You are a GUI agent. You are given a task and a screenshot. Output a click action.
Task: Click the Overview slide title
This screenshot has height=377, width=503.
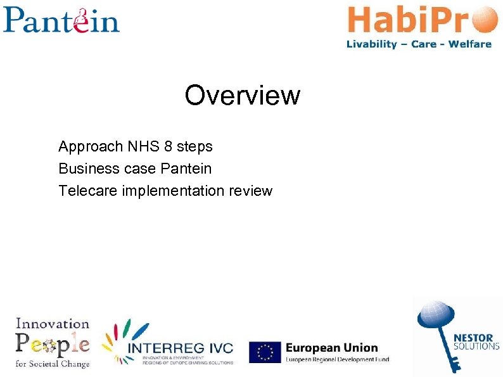click(x=242, y=96)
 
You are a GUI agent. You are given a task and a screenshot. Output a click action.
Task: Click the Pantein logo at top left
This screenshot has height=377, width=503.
click(x=61, y=20)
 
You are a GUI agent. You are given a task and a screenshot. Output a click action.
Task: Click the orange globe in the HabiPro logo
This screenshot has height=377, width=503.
click(x=485, y=20)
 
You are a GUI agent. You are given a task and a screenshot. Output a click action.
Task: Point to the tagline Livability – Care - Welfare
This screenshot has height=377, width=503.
click(x=419, y=44)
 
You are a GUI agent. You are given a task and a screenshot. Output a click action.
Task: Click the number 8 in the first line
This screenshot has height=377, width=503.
click(x=168, y=147)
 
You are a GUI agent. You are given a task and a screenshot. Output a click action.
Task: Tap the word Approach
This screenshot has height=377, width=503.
click(x=91, y=147)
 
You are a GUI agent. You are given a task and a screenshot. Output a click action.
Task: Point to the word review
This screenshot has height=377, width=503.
click(x=251, y=190)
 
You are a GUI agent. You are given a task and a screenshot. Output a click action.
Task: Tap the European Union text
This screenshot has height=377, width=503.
click(x=331, y=347)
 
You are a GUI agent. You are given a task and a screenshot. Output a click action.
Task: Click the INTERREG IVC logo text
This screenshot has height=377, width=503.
click(x=181, y=348)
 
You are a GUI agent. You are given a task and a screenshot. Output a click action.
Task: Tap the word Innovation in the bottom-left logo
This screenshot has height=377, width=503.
click(x=53, y=323)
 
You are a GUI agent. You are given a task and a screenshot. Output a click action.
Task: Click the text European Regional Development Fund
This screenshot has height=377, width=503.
click(x=337, y=360)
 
